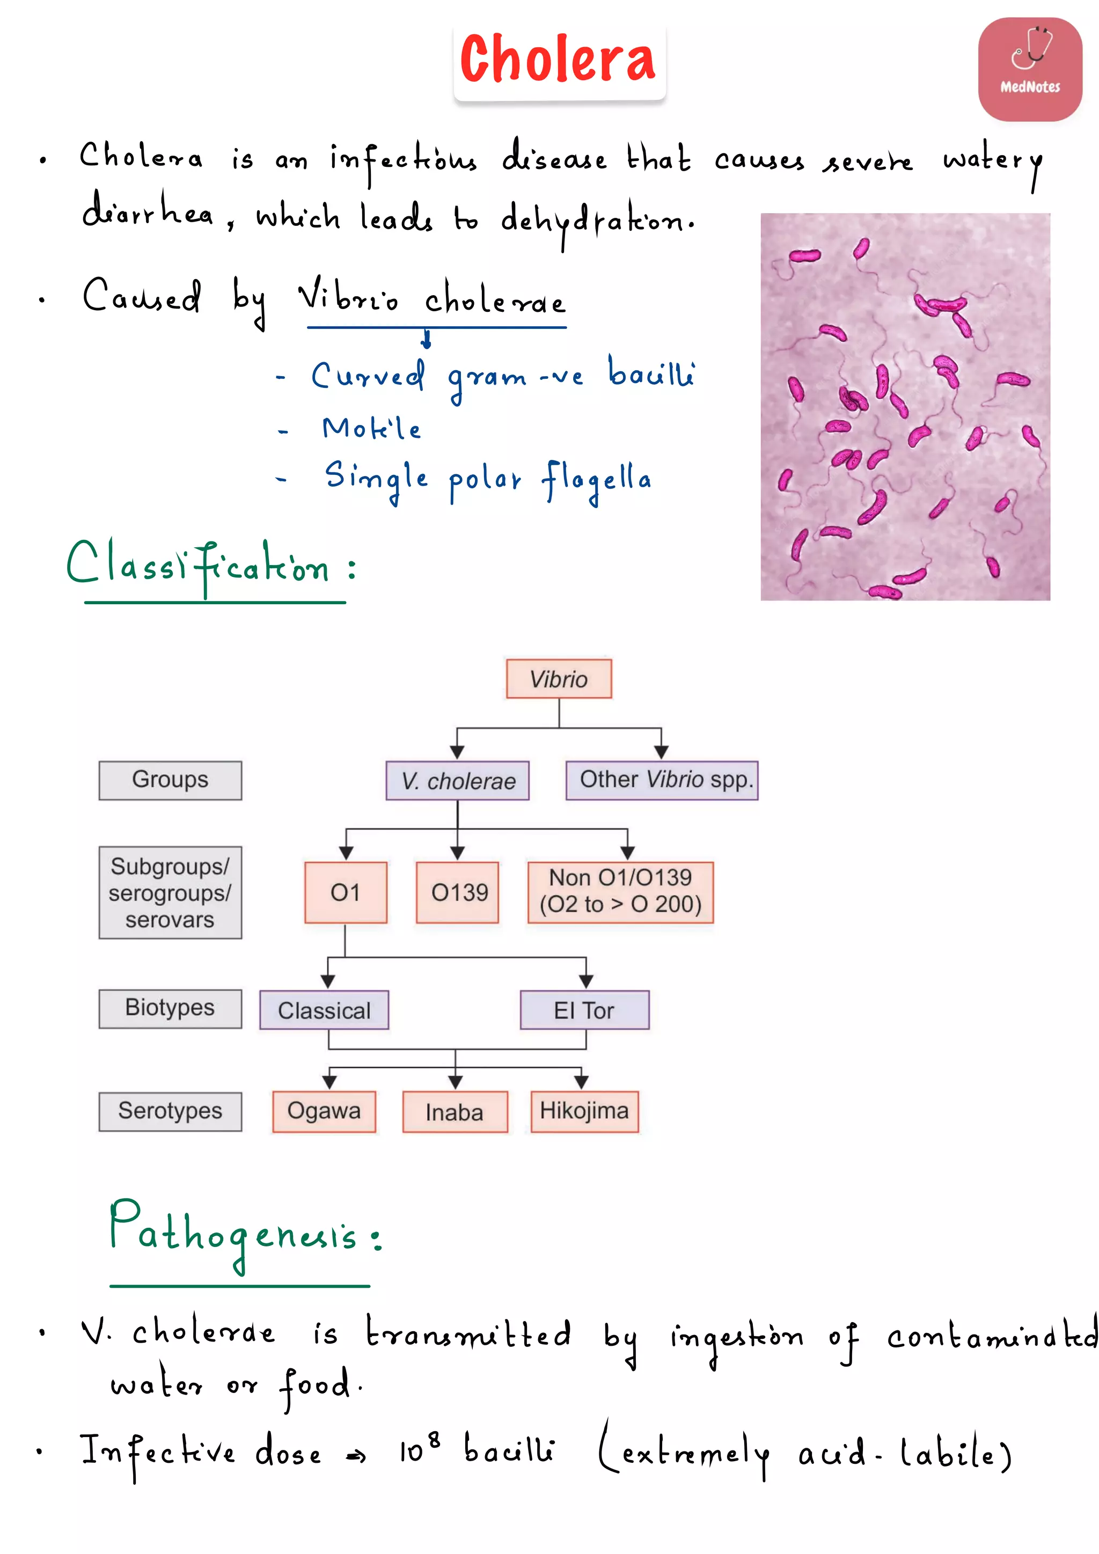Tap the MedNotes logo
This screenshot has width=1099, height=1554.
pyautogui.click(x=1029, y=70)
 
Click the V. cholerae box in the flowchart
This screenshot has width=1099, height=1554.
pyautogui.click(x=457, y=780)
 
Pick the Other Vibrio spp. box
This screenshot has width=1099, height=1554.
pyautogui.click(x=662, y=780)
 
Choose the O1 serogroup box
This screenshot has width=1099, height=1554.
pyautogui.click(x=345, y=892)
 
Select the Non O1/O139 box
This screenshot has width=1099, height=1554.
pyautogui.click(x=620, y=891)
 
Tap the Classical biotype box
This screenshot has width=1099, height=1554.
pyautogui.click(x=324, y=1010)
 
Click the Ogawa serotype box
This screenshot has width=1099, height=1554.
pyautogui.click(x=324, y=1111)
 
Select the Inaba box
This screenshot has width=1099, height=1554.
pyautogui.click(x=455, y=1111)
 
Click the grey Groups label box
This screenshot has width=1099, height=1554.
pyautogui.click(x=170, y=780)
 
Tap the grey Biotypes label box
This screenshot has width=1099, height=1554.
pyautogui.click(x=170, y=1008)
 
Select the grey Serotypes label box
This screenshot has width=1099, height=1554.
pyautogui.click(x=170, y=1111)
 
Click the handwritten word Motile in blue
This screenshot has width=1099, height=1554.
pyautogui.click(x=371, y=428)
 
